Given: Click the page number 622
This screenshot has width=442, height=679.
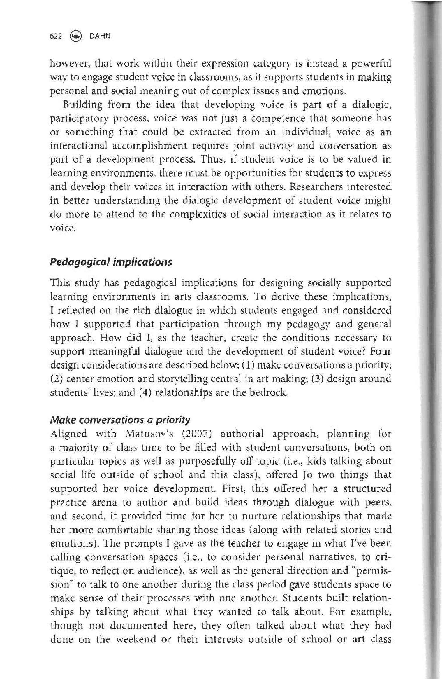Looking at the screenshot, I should [56, 36].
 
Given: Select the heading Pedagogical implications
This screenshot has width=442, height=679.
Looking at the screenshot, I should [111, 262].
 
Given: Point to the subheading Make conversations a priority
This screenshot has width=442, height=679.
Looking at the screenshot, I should [120, 420].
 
